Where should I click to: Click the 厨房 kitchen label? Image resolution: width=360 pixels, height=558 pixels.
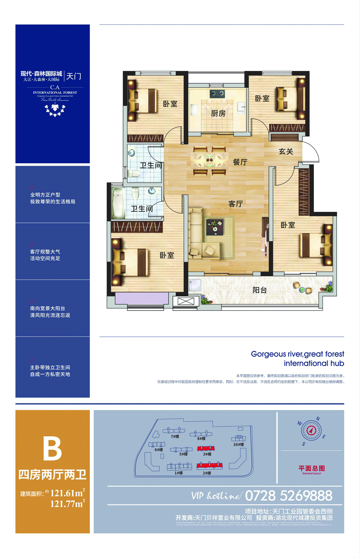(218, 113)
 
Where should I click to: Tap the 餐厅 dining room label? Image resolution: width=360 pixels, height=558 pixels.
(240, 162)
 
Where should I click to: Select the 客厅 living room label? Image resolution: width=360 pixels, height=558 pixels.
(235, 204)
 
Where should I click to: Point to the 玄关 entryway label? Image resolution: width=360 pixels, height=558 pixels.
(286, 152)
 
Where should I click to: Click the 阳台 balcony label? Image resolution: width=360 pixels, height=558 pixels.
(260, 290)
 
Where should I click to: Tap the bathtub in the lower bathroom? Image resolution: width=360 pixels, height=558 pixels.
(118, 202)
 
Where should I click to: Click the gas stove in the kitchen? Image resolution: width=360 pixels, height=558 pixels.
(217, 94)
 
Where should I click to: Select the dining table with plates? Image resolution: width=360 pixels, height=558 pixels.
(209, 161)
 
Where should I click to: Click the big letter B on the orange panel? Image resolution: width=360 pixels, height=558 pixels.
(53, 448)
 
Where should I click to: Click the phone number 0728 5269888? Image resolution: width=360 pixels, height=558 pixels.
(289, 496)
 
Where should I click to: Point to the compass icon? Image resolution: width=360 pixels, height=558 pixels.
(311, 430)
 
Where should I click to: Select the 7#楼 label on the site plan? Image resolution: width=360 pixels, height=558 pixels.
(175, 437)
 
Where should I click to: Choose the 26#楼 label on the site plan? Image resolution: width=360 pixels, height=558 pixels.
(238, 445)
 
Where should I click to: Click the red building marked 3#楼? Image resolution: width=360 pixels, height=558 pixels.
(206, 448)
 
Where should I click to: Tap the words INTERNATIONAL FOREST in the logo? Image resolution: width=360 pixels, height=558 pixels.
(55, 93)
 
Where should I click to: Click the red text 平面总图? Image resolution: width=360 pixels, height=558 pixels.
(312, 468)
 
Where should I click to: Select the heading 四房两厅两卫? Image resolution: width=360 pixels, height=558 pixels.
(53, 475)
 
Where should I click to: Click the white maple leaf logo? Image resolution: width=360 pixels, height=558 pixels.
(55, 108)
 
